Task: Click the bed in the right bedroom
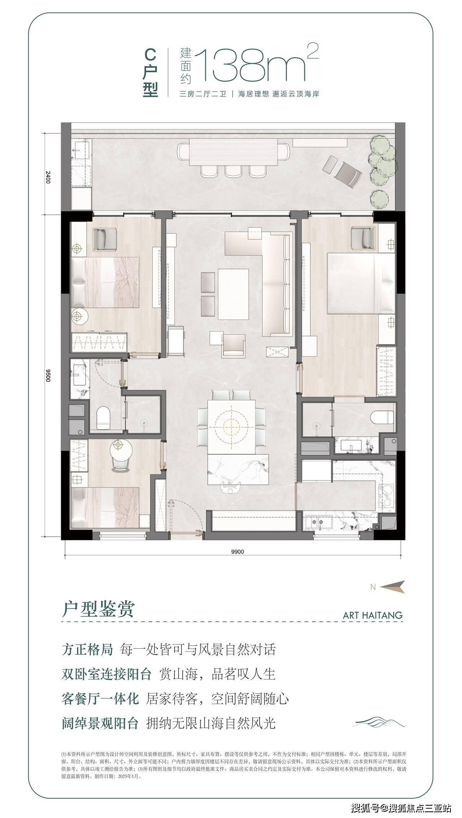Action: (x=361, y=283)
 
